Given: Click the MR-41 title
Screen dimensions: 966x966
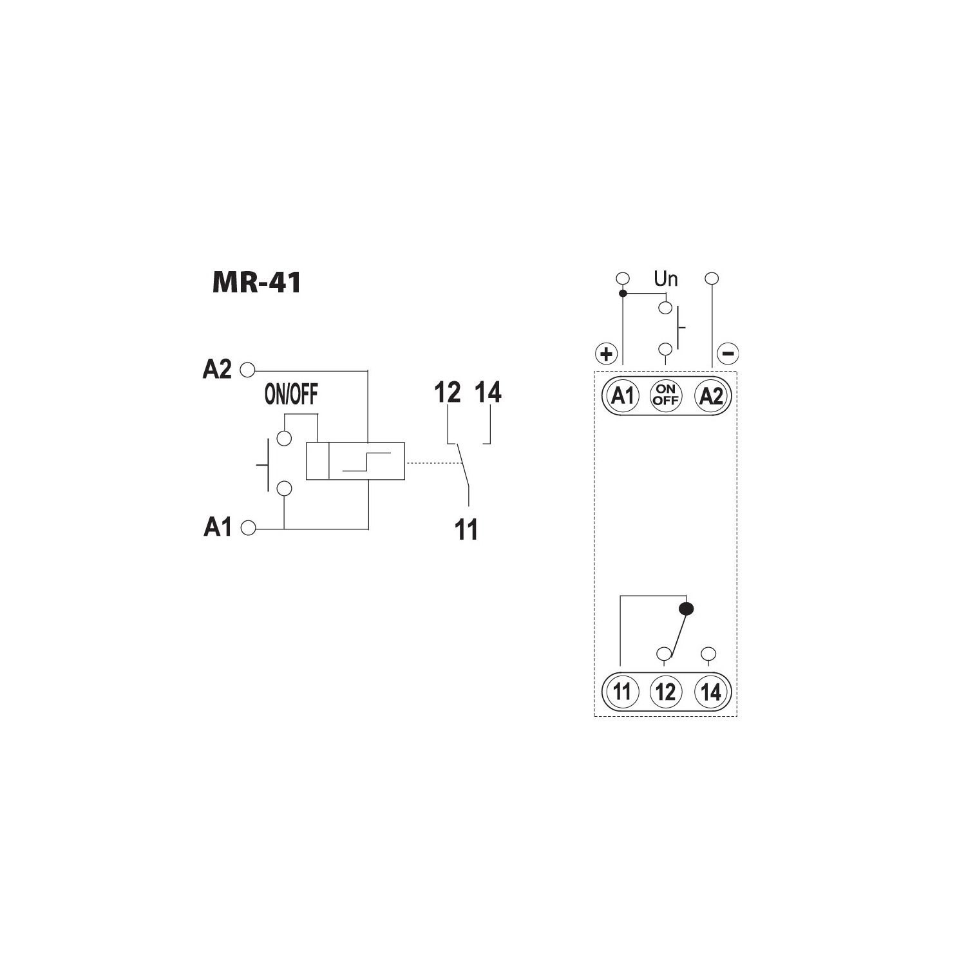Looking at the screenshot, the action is (x=256, y=283).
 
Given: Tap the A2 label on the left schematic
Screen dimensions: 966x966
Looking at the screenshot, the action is (x=217, y=369).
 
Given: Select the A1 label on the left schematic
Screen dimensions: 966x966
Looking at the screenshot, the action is (x=218, y=527).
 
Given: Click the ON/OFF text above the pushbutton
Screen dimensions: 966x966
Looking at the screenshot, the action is (x=291, y=395).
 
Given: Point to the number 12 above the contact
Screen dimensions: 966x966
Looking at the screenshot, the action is (x=448, y=392).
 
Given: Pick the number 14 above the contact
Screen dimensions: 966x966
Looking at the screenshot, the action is (x=488, y=392).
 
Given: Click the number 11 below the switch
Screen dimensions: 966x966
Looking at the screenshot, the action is (x=466, y=530).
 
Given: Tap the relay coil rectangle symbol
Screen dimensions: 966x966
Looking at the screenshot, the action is (x=355, y=461).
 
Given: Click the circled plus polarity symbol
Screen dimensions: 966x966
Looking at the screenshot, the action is (x=606, y=354).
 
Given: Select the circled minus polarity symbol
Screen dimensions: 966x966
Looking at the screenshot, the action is (x=728, y=354).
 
